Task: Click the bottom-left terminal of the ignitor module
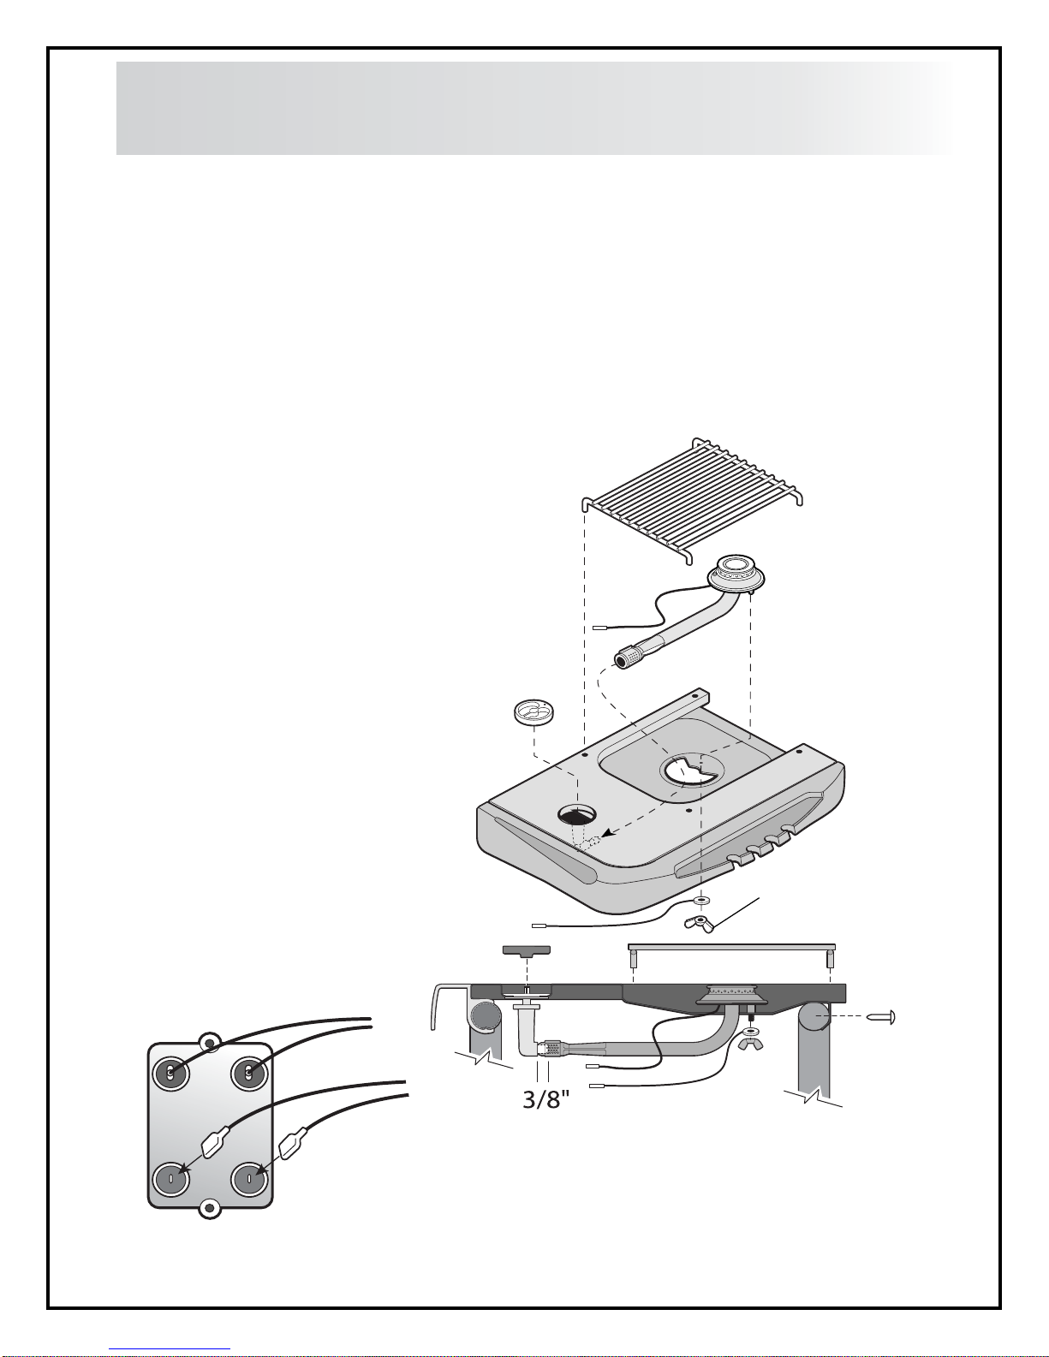170,1178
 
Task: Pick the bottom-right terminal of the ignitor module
248,1178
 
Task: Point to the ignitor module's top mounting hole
210,1042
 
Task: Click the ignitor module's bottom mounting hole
210,1211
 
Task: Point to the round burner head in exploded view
736,572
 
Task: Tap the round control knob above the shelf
535,713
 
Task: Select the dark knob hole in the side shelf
577,814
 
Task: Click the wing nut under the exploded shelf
700,923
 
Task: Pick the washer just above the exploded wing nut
703,900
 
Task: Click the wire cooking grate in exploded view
692,500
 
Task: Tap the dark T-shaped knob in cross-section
527,951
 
